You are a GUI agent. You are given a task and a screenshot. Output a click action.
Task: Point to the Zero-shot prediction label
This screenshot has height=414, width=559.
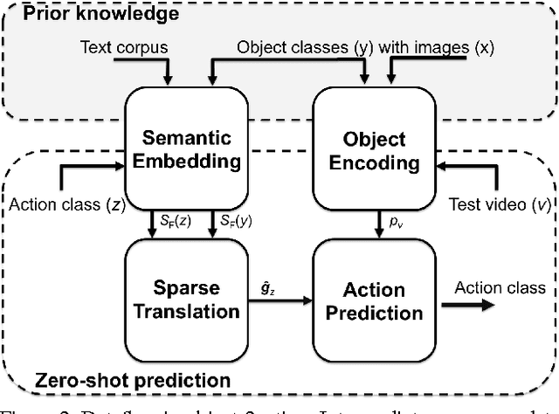pos(133,380)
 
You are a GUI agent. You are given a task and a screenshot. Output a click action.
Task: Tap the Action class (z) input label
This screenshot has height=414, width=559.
pos(65,205)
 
